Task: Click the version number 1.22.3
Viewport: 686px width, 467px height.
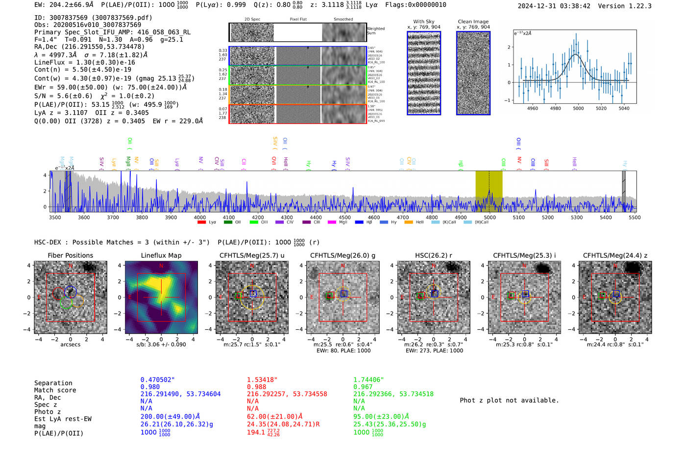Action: pos(636,6)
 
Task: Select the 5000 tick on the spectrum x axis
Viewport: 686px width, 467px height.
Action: pos(490,217)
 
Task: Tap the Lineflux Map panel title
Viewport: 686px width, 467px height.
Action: pos(161,255)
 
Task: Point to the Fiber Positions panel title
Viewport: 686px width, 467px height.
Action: pos(70,255)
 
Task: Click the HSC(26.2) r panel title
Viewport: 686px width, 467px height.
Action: pos(433,255)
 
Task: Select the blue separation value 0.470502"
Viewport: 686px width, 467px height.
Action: pos(157,380)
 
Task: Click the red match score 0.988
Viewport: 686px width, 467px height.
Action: pos(256,387)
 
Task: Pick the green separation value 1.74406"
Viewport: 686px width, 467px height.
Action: pos(368,380)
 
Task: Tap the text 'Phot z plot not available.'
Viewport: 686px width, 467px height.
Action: pos(509,400)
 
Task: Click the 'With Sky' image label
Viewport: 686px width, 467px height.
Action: pos(423,22)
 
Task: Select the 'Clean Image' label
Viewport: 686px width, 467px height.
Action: pos(473,22)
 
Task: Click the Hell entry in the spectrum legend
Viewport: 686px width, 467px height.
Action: pos(419,222)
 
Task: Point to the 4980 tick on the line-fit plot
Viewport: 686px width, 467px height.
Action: pos(555,108)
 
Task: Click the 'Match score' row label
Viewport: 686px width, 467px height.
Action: pos(55,390)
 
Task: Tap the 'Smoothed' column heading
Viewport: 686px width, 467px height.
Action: pos(343,20)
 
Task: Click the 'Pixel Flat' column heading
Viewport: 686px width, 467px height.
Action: pos(298,20)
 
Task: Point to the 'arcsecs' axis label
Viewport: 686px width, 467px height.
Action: pos(70,344)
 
